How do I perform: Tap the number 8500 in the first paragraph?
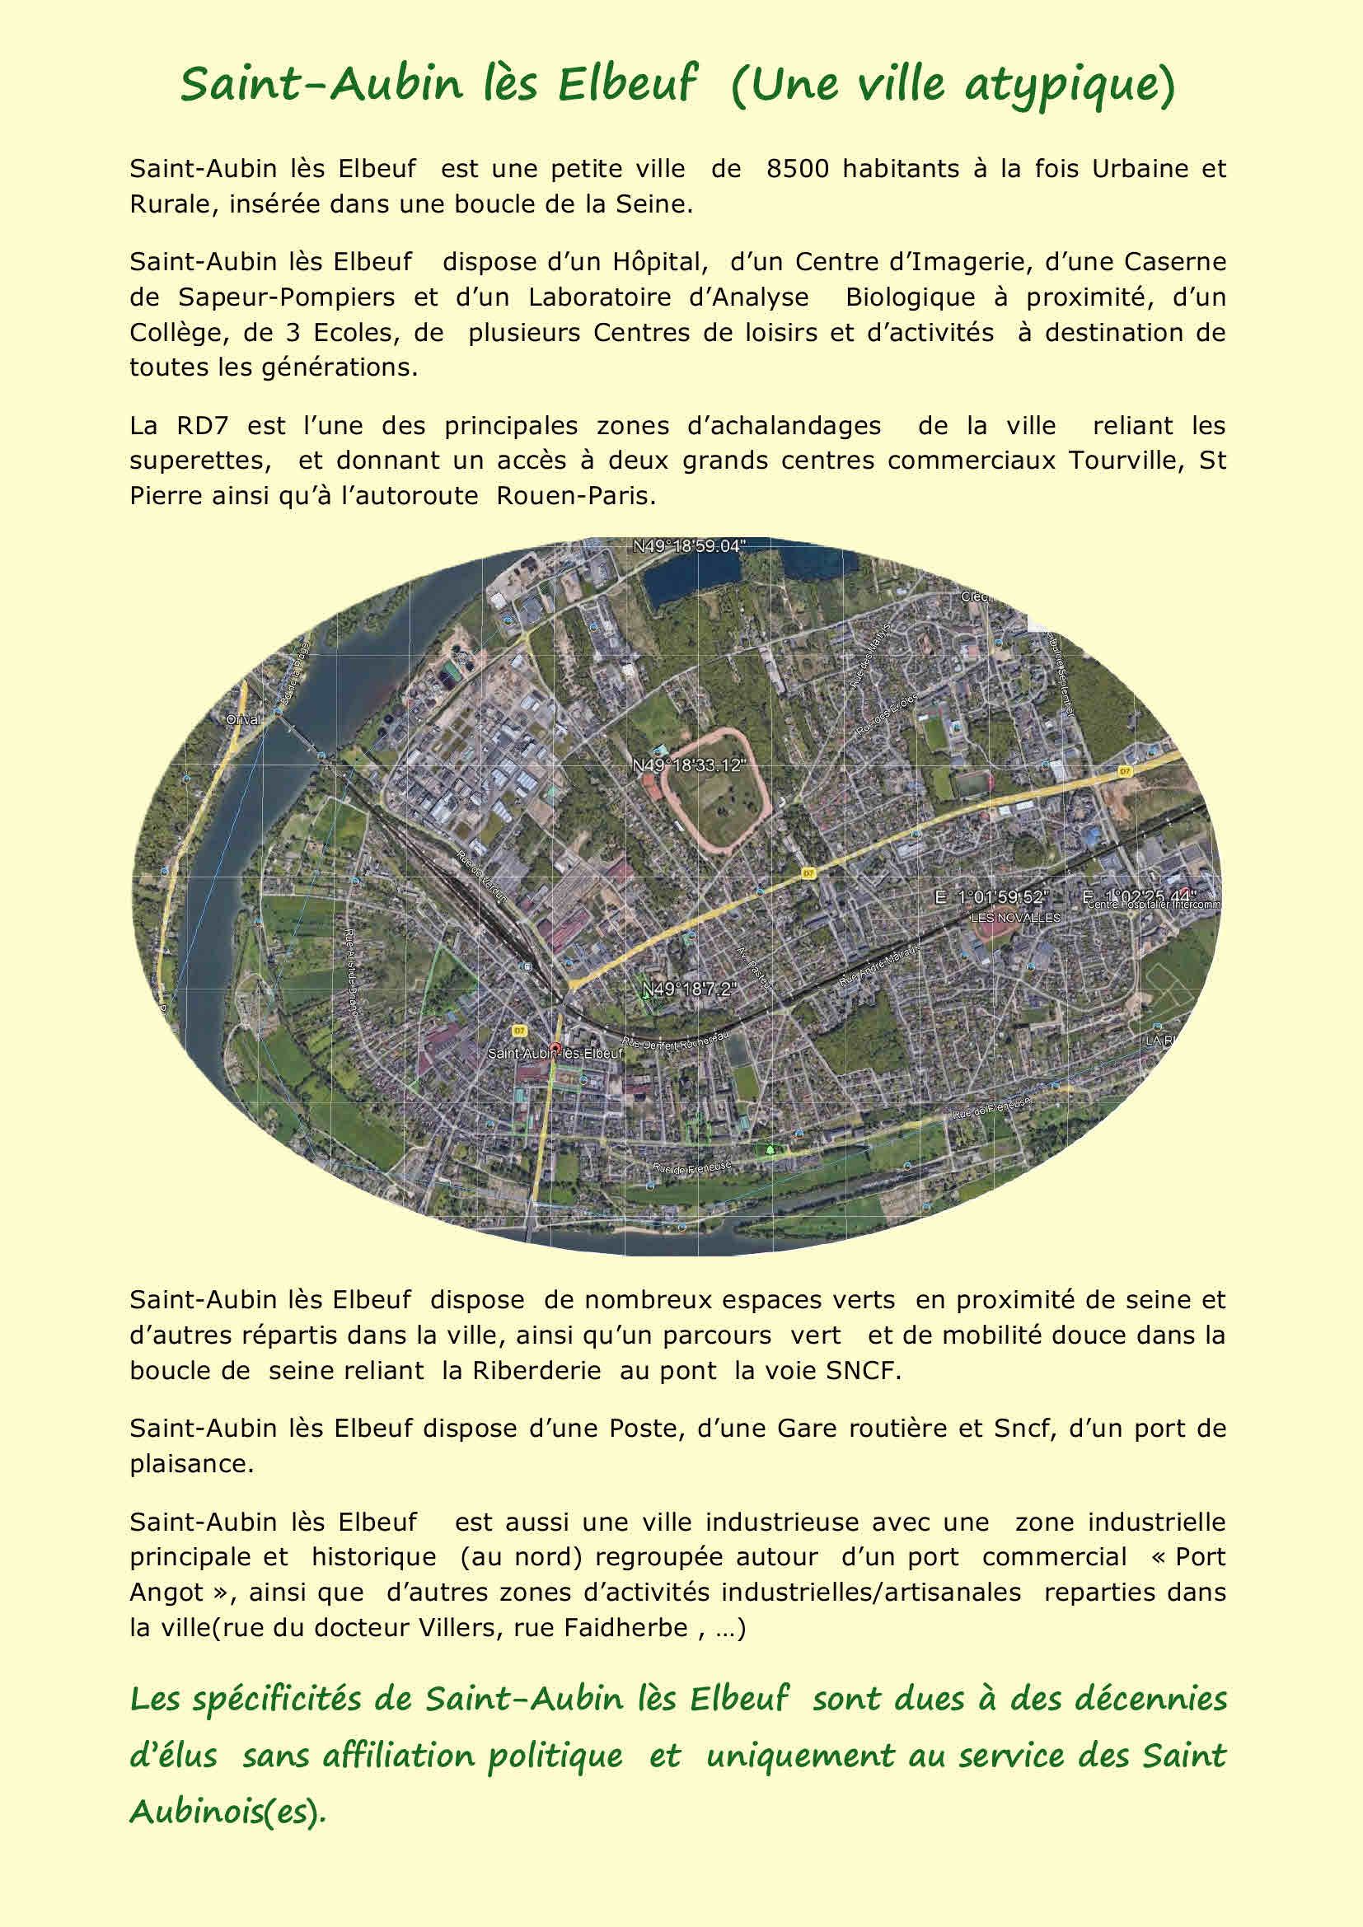tap(797, 169)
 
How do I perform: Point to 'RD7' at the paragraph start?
tap(201, 425)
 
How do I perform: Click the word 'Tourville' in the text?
tap(1124, 461)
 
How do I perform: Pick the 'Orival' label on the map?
tap(243, 719)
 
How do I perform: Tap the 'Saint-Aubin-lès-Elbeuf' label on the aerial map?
tap(555, 1052)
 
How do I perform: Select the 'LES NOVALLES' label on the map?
tap(1014, 918)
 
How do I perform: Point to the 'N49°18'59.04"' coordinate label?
tap(688, 546)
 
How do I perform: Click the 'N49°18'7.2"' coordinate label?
tap(688, 989)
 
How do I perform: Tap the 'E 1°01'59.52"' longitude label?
tap(991, 897)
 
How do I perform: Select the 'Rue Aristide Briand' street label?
tap(351, 972)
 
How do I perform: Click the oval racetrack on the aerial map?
tap(714, 787)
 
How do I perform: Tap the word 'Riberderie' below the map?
tap(536, 1371)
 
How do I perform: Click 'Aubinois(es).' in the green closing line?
tap(227, 1811)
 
